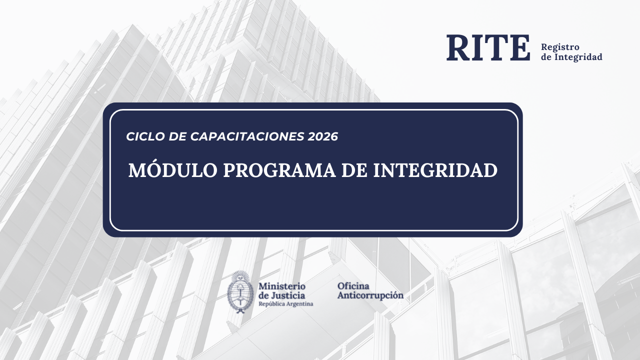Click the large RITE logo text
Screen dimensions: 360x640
488,48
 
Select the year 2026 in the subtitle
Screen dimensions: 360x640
323,136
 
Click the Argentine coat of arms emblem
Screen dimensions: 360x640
240,292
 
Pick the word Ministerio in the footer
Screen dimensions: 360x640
282,286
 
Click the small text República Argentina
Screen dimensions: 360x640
285,304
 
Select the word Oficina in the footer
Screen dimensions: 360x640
353,286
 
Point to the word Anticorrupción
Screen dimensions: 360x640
370,295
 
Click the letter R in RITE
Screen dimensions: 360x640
458,48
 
